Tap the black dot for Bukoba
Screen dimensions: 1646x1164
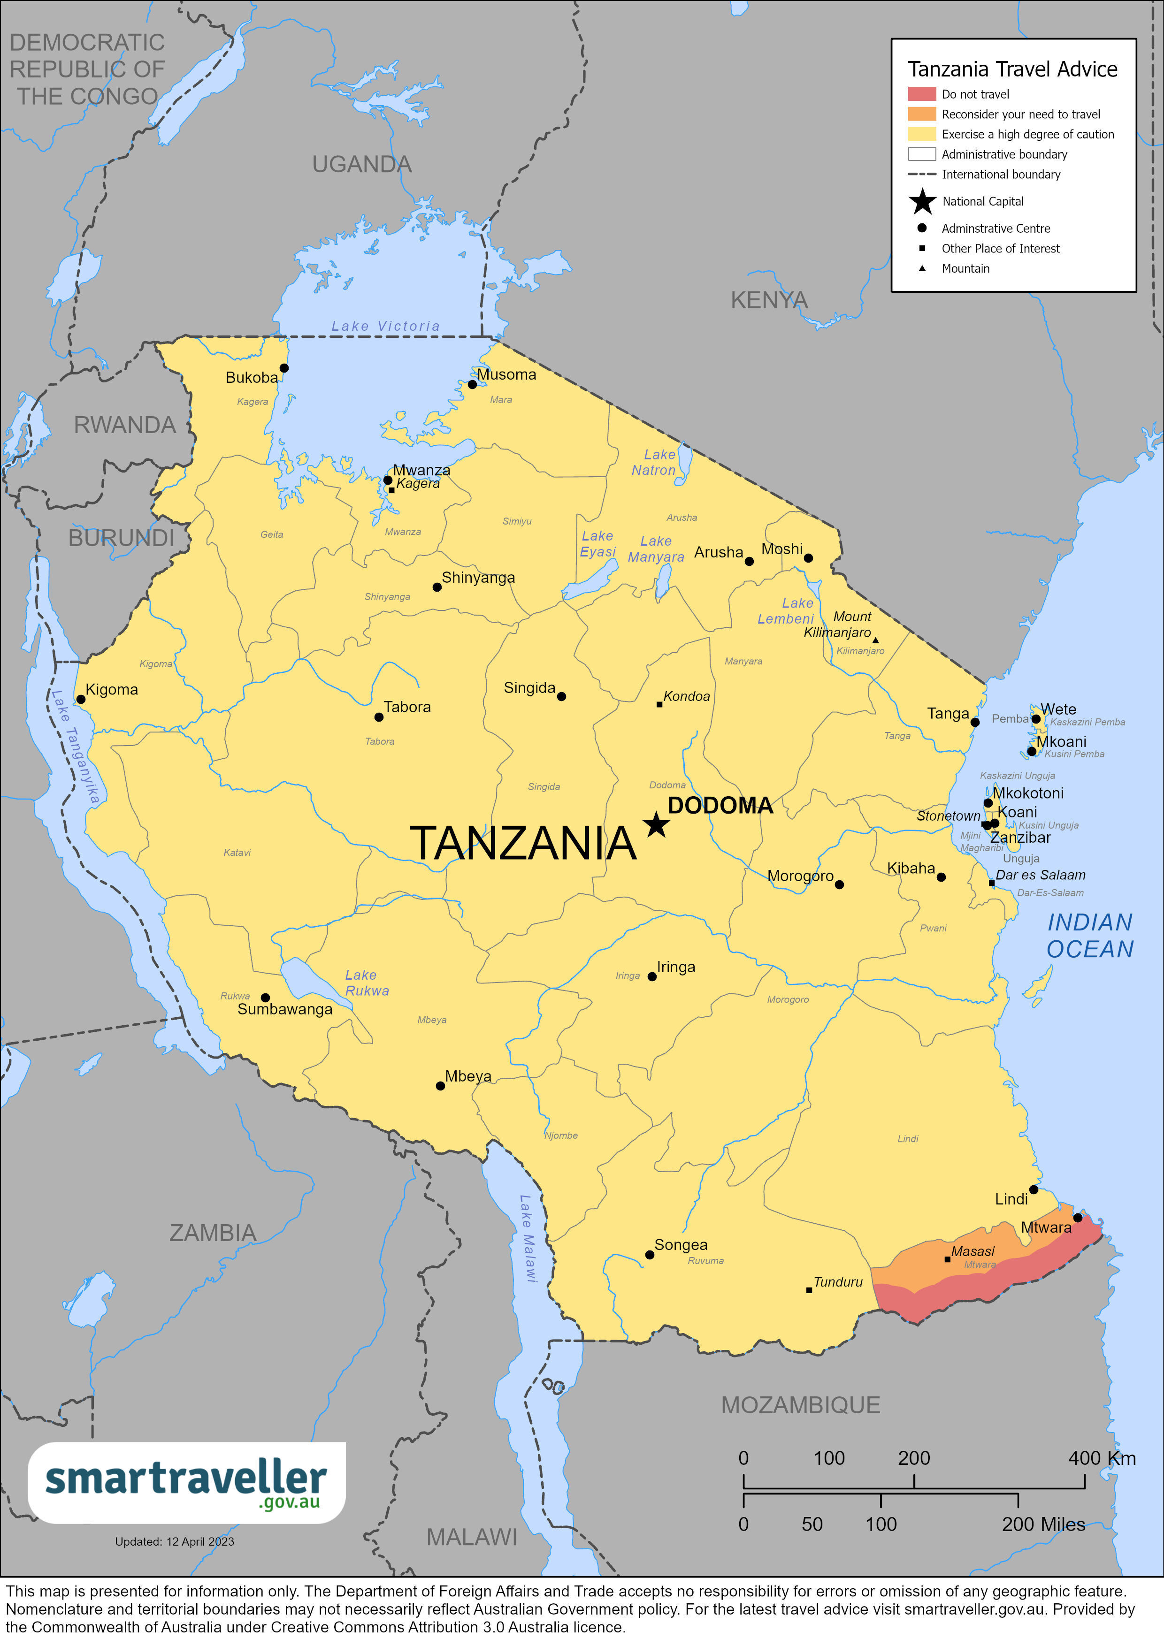click(284, 368)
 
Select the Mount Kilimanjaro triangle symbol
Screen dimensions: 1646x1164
click(875, 640)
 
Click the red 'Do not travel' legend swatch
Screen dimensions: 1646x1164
click(922, 94)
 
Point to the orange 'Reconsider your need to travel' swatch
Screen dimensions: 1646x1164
click(922, 114)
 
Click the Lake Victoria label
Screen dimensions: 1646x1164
click(385, 326)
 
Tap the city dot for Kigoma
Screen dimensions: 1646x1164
click(81, 699)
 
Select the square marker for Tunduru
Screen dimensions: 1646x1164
click(809, 1290)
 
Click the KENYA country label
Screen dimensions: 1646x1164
click(769, 300)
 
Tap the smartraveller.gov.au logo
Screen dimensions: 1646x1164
click(186, 1483)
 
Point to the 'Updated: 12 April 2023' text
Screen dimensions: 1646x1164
click(174, 1541)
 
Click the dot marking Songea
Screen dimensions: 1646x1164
click(649, 1255)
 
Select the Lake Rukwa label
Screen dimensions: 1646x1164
click(367, 983)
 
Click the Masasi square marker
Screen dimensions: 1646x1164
click(948, 1259)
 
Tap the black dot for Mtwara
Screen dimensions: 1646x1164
click(1077, 1217)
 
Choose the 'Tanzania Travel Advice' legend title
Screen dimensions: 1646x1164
click(1012, 69)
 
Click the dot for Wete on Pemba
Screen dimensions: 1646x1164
click(1035, 718)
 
